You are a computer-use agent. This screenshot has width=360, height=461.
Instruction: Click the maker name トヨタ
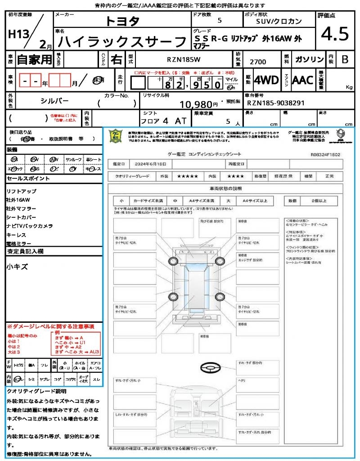122,21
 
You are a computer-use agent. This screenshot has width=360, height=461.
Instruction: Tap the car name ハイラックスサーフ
122,42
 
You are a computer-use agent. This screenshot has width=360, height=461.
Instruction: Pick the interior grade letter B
345,59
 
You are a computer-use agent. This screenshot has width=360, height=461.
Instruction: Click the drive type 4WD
266,80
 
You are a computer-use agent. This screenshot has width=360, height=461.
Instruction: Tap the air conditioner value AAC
302,80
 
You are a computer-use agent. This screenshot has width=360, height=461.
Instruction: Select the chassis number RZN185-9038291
276,103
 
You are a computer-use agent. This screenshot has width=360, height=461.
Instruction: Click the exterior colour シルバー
54,101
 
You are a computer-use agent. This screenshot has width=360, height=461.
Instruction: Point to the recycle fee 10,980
198,104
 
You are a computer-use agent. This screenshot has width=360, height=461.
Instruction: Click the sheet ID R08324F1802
325,154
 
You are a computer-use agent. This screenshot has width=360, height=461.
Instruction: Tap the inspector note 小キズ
17,267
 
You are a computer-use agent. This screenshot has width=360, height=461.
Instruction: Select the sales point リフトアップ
22,191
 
